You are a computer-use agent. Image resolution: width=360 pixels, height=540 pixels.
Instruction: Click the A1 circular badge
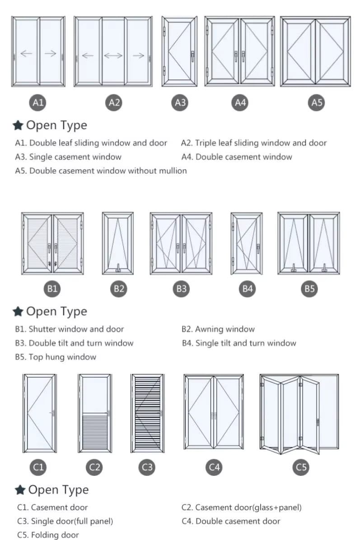pyautogui.click(x=38, y=103)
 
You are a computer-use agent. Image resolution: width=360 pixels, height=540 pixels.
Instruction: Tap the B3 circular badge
pyautogui.click(x=181, y=289)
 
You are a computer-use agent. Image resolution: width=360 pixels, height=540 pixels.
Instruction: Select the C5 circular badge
pyautogui.click(x=301, y=466)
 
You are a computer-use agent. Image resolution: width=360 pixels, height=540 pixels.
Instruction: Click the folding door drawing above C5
pyautogui.click(x=299, y=413)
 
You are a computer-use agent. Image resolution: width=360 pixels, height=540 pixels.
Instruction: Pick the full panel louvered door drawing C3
pyautogui.click(x=147, y=413)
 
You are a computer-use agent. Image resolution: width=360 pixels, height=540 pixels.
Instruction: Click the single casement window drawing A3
pyautogui.click(x=180, y=51)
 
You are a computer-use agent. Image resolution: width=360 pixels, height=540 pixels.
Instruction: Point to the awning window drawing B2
pyautogui.click(x=118, y=243)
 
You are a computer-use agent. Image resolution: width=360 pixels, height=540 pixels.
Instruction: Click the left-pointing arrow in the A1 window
pyautogui.click(x=27, y=54)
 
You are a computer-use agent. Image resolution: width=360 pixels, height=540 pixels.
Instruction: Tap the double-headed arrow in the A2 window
pyautogui.click(x=113, y=56)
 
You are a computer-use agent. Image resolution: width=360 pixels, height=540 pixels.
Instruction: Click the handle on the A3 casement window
pyautogui.click(x=193, y=56)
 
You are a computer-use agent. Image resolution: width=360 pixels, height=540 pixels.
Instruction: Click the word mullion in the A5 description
pyautogui.click(x=172, y=171)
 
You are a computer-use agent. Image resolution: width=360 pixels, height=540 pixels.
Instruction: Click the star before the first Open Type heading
pyautogui.click(x=18, y=126)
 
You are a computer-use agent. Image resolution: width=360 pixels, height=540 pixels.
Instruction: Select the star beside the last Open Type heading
pyautogui.click(x=19, y=490)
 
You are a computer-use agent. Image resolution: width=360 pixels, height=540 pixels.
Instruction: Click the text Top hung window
pyautogui.click(x=62, y=357)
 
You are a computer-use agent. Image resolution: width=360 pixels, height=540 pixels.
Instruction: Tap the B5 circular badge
pyautogui.click(x=309, y=289)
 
